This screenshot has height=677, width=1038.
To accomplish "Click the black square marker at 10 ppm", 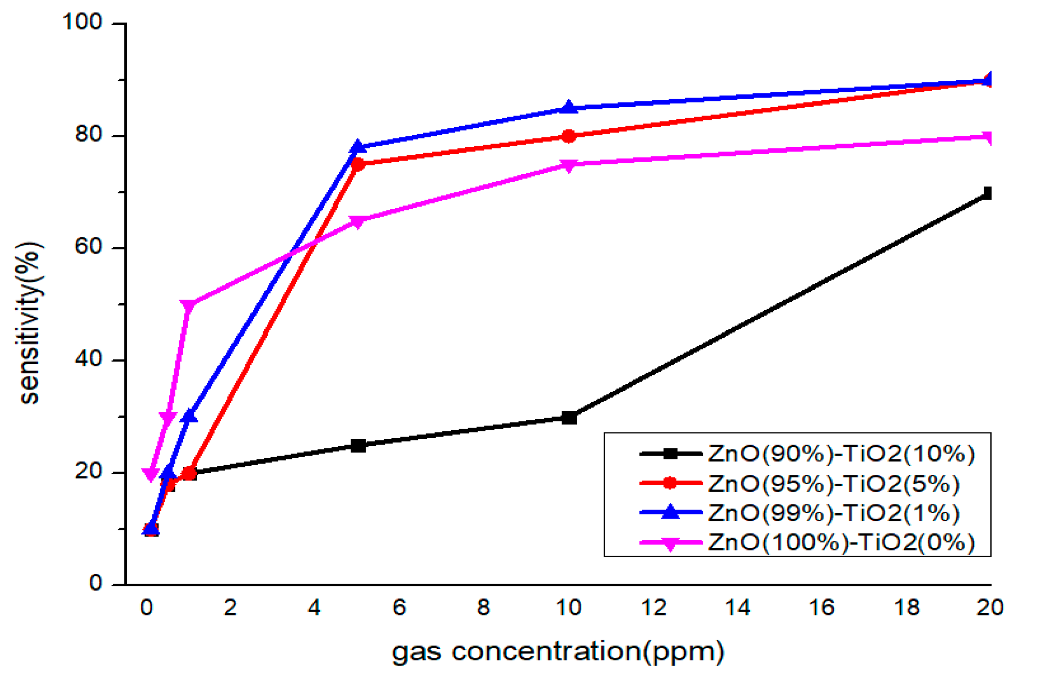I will tap(569, 417).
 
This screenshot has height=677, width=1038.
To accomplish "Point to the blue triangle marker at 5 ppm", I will tap(357, 147).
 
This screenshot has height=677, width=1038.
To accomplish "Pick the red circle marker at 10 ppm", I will tap(569, 136).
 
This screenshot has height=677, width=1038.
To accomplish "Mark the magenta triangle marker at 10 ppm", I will tap(569, 165).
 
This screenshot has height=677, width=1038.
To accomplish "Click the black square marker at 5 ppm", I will tap(358, 445).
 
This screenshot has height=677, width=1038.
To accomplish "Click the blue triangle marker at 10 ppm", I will tap(569, 108).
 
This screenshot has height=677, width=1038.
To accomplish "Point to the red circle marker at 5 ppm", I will tap(358, 164).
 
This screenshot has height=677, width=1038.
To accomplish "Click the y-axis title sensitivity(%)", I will tap(30, 322).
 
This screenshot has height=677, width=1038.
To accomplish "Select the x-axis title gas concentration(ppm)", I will tap(557, 651).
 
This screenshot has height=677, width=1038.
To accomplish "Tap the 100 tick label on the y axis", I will tap(82, 22).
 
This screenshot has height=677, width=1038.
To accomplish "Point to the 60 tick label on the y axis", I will tap(88, 247).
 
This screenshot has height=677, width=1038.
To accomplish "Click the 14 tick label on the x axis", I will tap(738, 608).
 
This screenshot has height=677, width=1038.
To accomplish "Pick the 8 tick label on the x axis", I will tap(483, 608).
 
